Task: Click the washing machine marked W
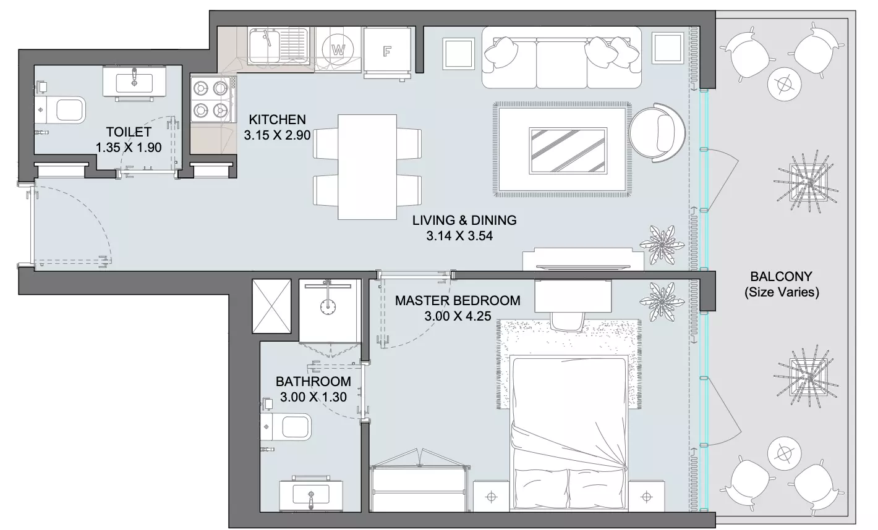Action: click(x=338, y=49)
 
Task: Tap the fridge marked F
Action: click(x=387, y=51)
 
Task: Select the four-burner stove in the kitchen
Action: click(x=211, y=99)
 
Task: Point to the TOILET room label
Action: click(x=129, y=132)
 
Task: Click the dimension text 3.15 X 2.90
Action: click(x=277, y=135)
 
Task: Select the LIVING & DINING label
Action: click(x=464, y=220)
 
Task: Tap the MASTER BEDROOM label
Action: click(x=458, y=300)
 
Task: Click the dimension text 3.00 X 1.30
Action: click(x=313, y=397)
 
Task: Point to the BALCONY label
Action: click(x=781, y=277)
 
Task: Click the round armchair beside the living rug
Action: click(x=657, y=132)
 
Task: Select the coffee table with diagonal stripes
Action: click(x=568, y=151)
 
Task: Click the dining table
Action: click(x=367, y=167)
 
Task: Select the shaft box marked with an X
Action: click(x=271, y=306)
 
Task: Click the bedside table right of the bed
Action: click(x=647, y=496)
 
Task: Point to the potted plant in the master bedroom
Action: click(x=662, y=301)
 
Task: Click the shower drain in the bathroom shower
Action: click(x=328, y=307)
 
